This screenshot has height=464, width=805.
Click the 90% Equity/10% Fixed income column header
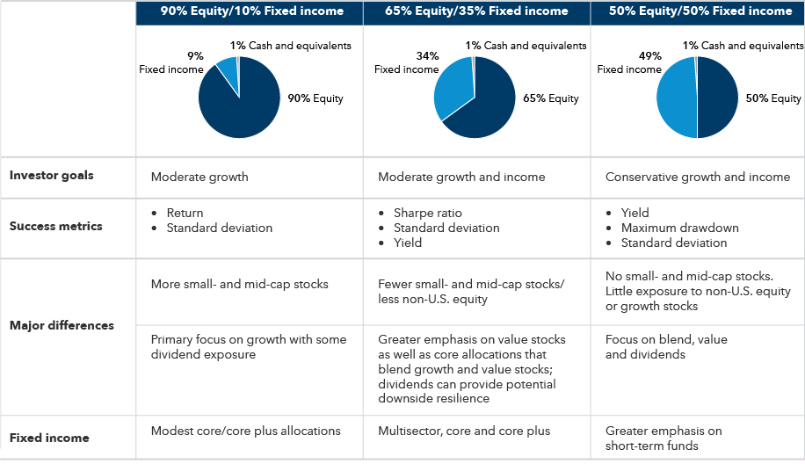250,11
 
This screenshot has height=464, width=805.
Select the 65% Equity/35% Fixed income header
476,11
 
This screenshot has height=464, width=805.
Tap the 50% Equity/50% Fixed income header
698,11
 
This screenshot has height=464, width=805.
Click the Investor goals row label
51,176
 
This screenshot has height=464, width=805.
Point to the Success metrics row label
56,226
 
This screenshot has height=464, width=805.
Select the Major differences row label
62,325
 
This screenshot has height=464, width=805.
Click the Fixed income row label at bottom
49,438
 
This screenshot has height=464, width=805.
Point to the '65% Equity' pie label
550,98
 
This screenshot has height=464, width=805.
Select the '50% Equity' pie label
773,98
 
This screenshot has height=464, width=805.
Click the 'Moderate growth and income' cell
461,177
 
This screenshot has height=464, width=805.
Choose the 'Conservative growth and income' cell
697,177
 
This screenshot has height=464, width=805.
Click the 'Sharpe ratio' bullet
428,213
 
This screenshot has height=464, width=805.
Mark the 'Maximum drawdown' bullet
679,228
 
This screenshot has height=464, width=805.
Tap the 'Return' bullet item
185,213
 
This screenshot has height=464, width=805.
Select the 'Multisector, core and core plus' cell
464,431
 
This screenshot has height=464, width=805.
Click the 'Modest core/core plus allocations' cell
246,431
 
